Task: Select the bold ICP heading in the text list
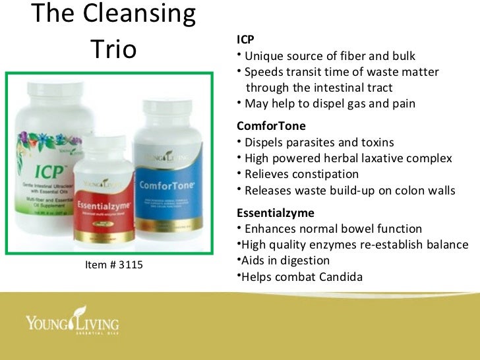245,40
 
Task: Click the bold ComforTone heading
271,126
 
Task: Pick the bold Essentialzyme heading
275,213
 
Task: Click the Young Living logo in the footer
72,322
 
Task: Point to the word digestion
303,261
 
